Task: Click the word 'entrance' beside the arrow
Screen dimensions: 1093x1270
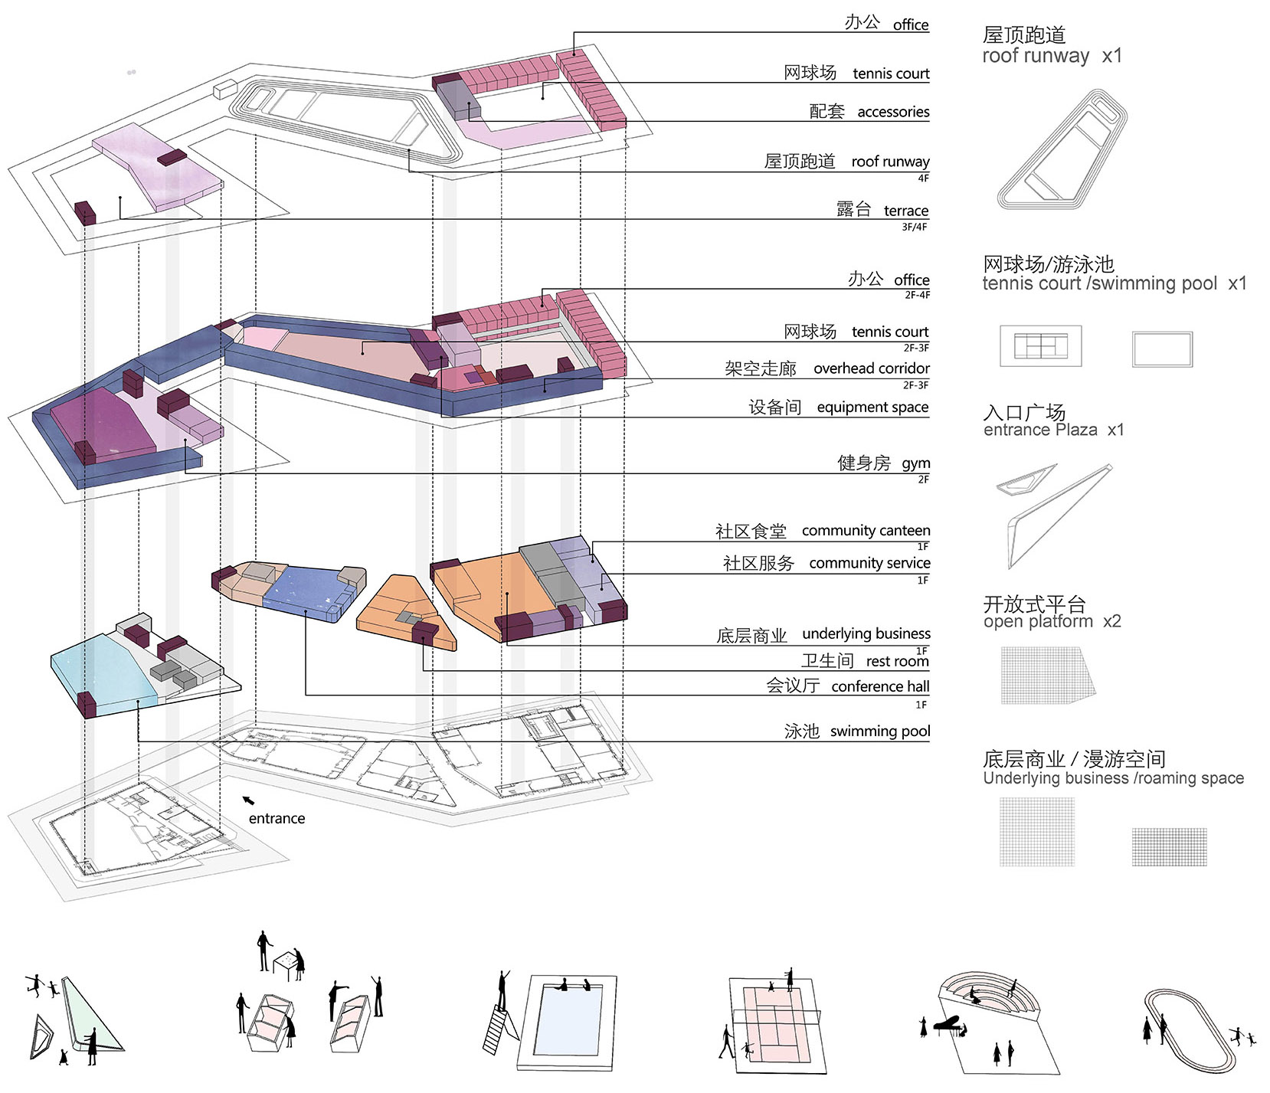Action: tap(277, 818)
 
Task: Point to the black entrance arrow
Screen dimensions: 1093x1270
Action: tap(248, 800)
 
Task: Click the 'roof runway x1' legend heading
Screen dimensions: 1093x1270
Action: tap(1051, 45)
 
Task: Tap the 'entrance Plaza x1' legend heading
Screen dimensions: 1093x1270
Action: tap(1053, 421)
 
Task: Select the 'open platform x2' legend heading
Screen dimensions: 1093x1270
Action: tap(1051, 613)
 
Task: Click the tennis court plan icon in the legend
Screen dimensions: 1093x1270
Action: tap(1040, 346)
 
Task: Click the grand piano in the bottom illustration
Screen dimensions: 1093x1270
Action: tap(947, 1023)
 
